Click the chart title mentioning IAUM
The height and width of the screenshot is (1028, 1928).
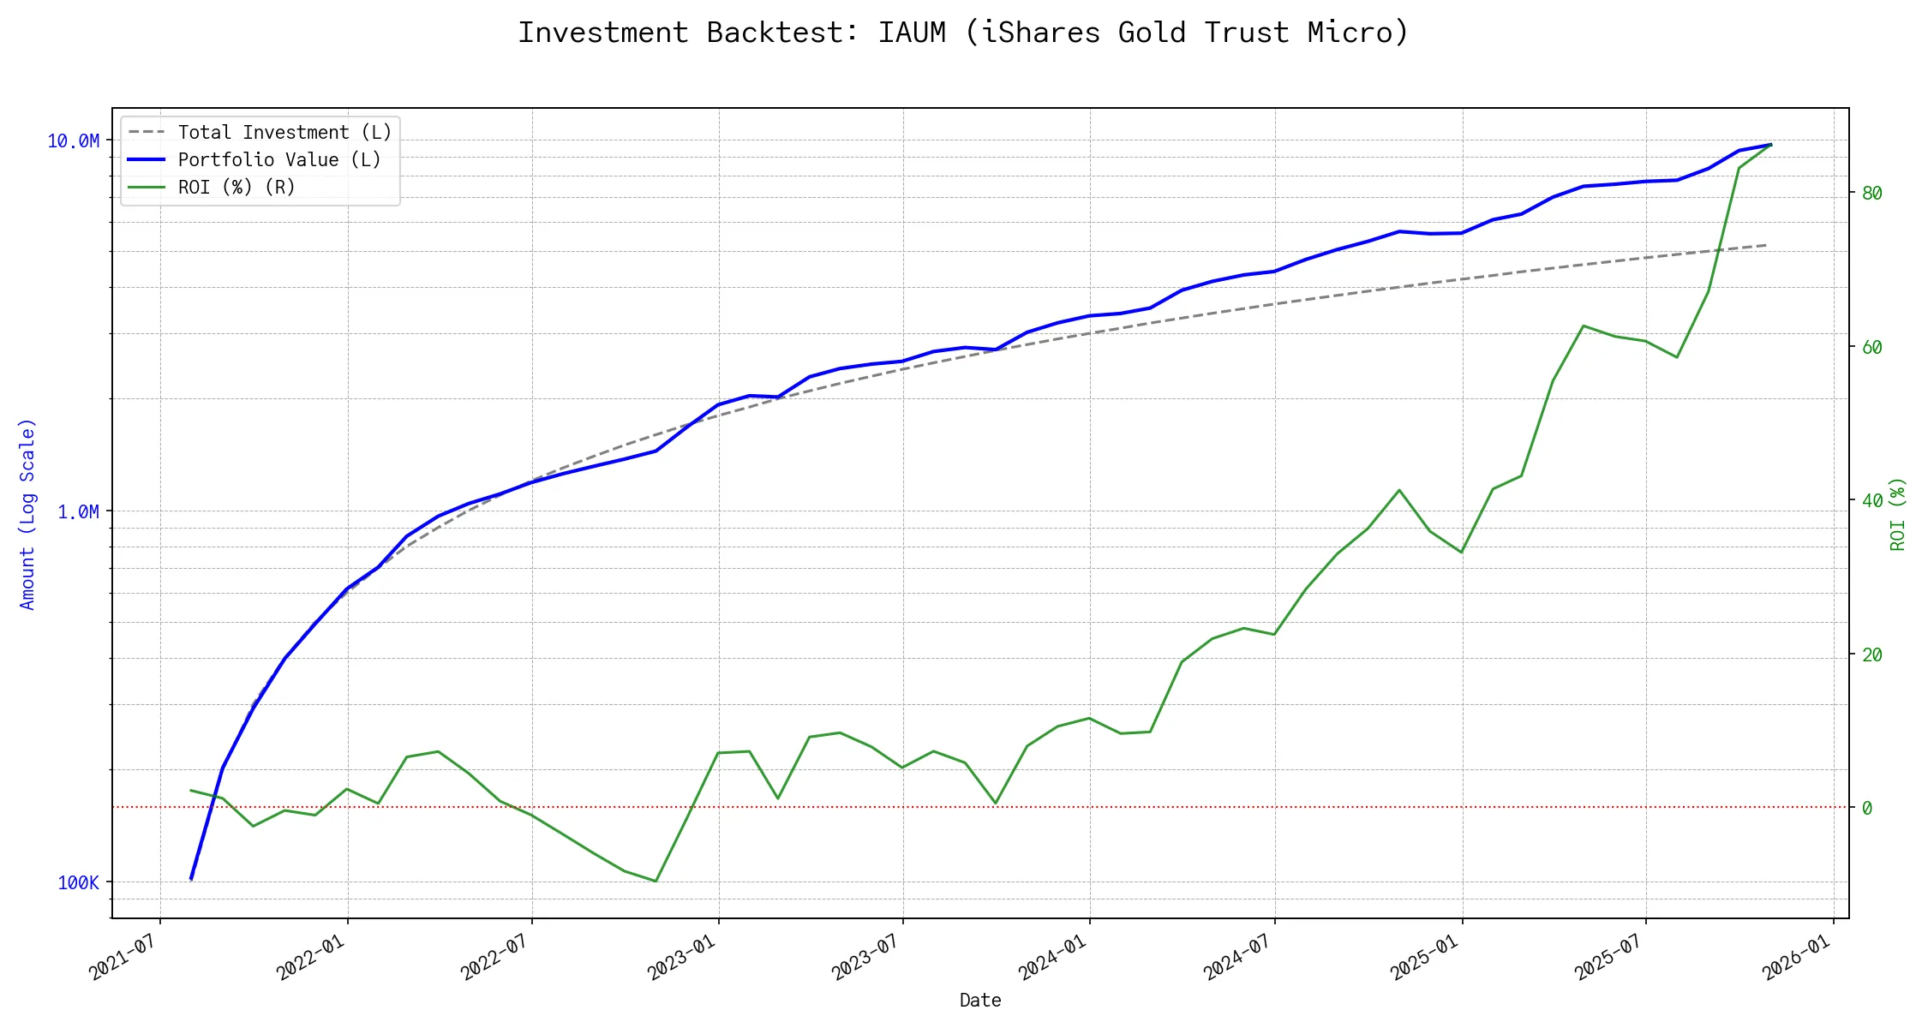coord(963,33)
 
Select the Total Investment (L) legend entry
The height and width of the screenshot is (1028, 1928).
coord(284,133)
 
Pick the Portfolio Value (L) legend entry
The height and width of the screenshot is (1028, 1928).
coord(278,160)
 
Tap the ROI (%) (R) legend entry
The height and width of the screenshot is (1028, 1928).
coord(236,188)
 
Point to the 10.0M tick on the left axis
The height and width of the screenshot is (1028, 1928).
coord(74,141)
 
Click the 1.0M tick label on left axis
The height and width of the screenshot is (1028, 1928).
coord(78,512)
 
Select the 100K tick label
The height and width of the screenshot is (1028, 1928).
coord(78,883)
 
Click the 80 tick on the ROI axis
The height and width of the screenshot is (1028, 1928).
coord(1872,194)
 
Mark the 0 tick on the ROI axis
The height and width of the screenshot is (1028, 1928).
coord(1867,808)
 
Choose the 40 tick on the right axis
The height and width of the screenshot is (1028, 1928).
coord(1872,501)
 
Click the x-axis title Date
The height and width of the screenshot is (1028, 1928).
coord(980,1001)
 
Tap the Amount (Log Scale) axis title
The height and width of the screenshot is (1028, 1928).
coord(27,514)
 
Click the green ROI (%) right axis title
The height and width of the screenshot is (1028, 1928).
coord(1898,514)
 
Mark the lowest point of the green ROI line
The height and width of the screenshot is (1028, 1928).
coord(656,881)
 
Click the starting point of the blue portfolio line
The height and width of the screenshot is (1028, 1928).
coord(190,879)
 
